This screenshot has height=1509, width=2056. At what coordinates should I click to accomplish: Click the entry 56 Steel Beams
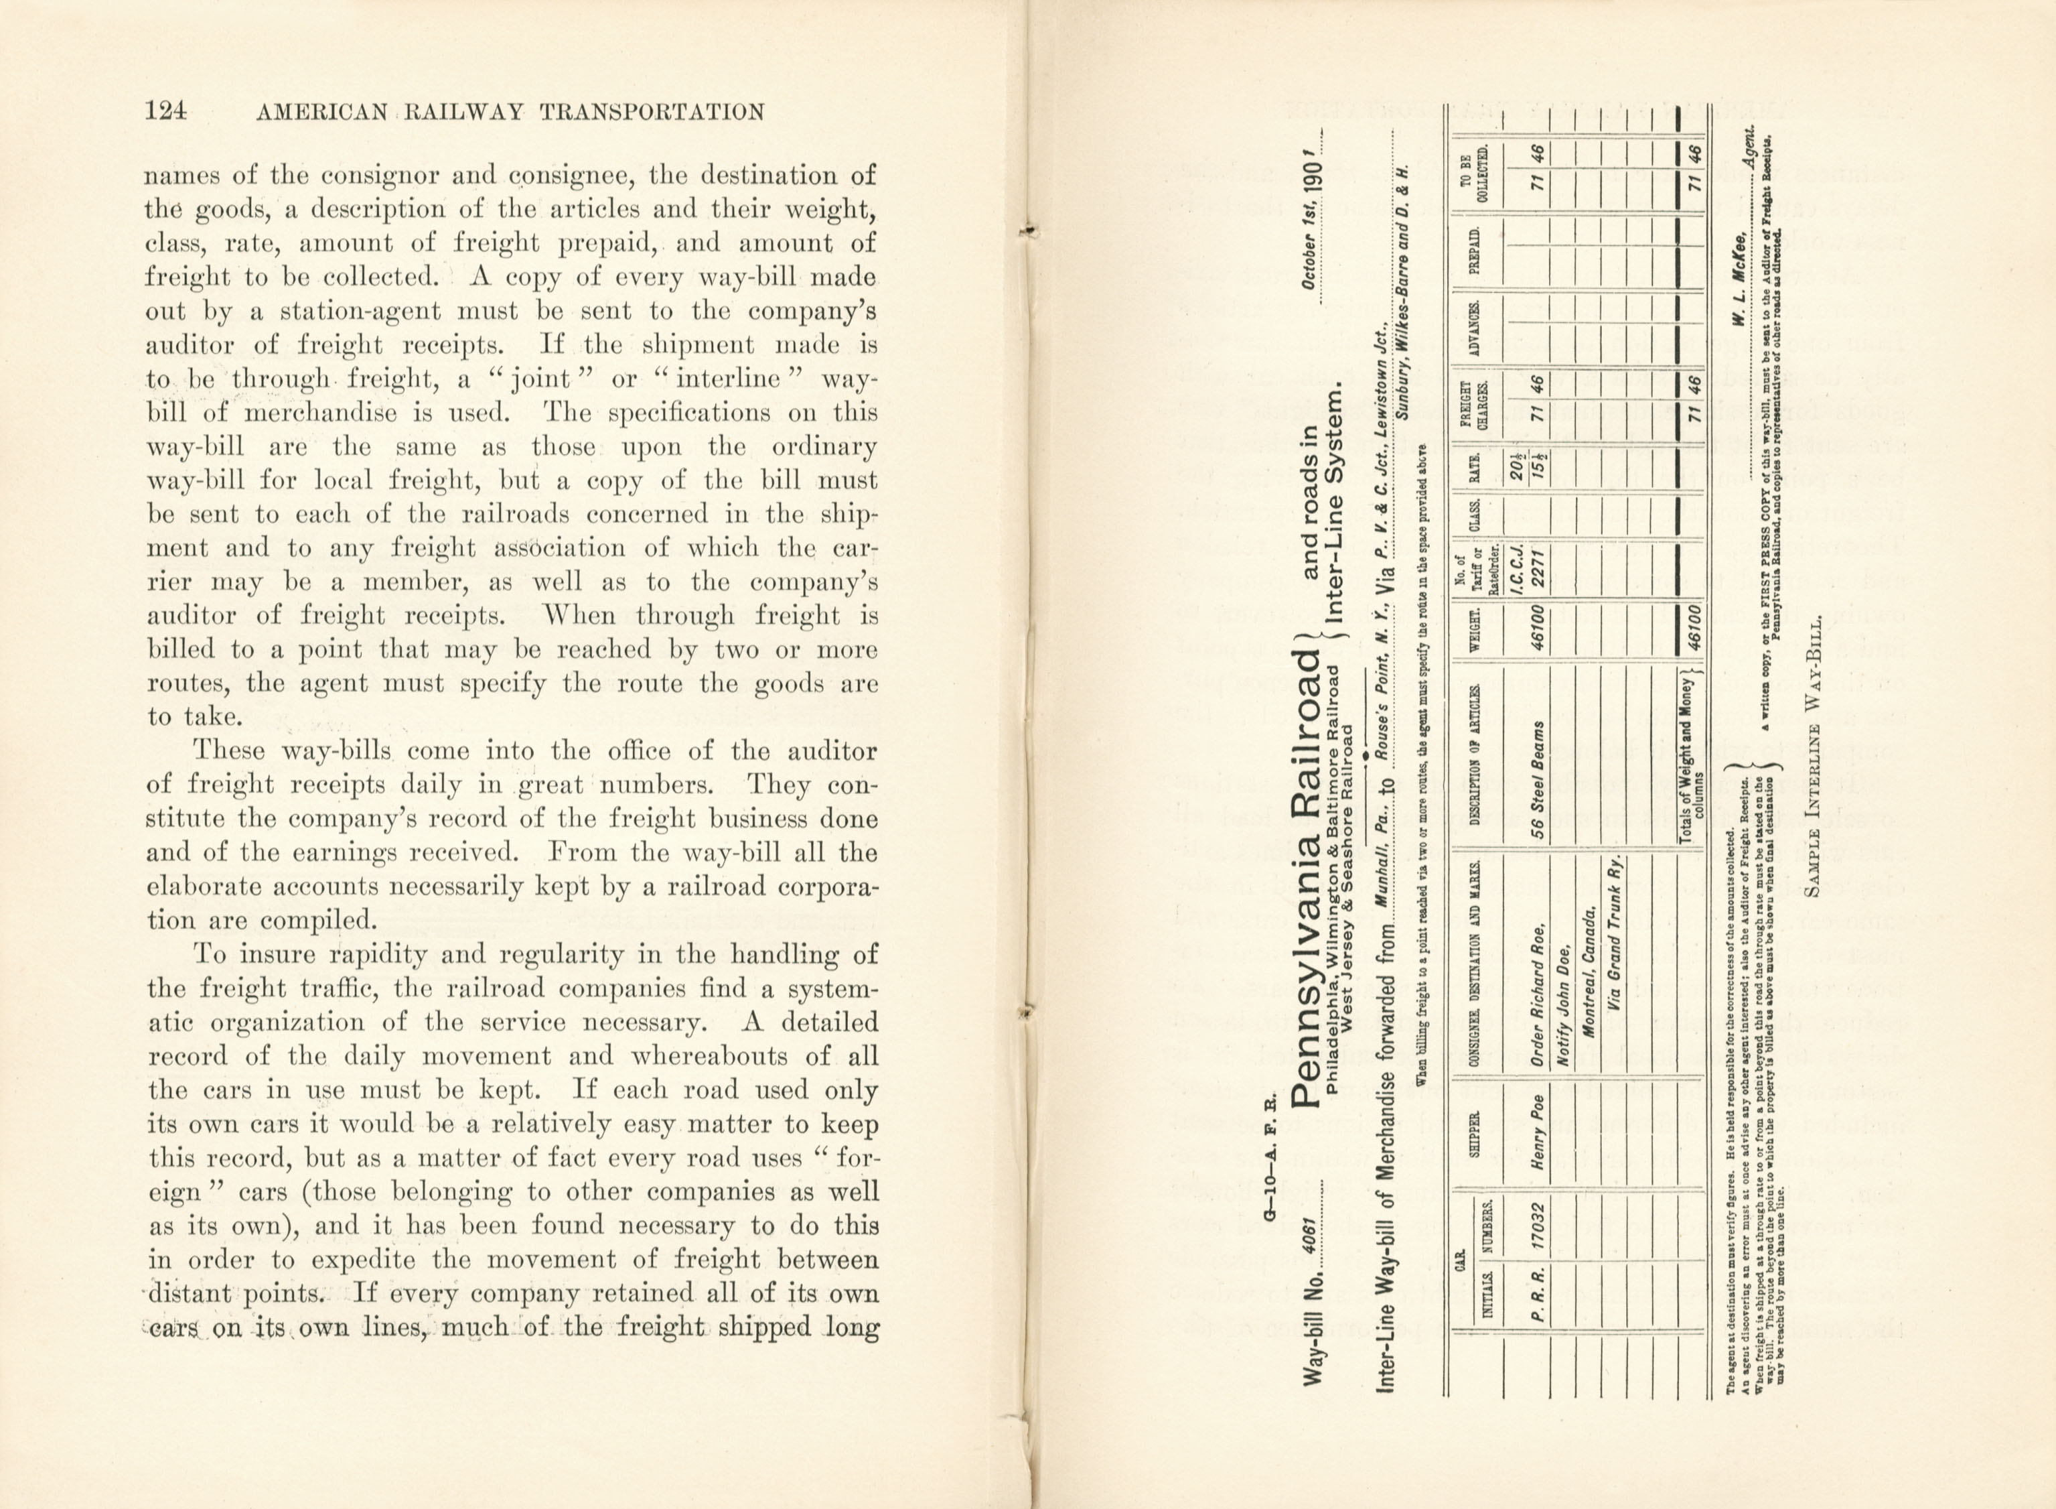click(1538, 781)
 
